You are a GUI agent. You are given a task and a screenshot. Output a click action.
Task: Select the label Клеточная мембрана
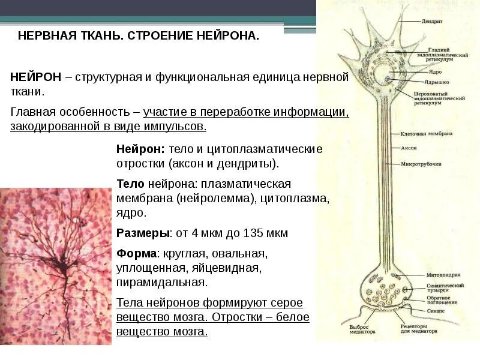[x=427, y=133]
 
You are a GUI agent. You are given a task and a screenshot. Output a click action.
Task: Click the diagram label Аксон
[x=409, y=147]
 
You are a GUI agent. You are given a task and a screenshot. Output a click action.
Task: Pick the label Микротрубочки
[x=421, y=164]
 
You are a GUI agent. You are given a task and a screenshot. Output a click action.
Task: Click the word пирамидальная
[x=162, y=281]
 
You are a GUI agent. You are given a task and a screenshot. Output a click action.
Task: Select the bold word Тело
[x=130, y=184]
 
